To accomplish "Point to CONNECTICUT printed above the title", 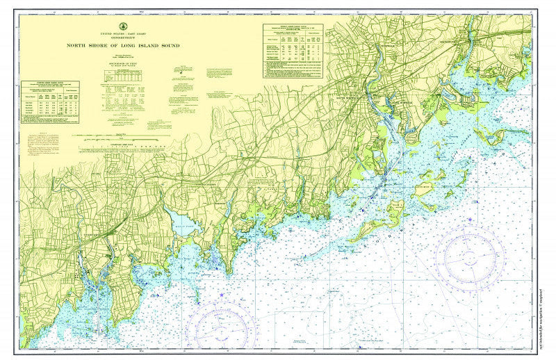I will click(123, 38).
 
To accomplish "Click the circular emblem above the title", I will click(123, 26).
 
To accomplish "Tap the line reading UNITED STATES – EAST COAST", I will click(123, 33).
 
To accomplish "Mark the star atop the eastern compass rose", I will click(471, 222).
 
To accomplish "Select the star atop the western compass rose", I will click(222, 295).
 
